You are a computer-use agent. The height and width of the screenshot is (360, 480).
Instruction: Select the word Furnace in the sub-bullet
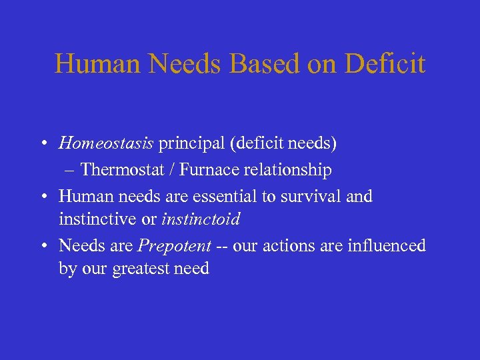207,170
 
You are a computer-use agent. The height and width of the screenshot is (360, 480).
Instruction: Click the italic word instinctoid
201,219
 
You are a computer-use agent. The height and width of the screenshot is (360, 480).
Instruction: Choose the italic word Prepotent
174,246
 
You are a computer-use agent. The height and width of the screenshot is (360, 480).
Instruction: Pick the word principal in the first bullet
189,143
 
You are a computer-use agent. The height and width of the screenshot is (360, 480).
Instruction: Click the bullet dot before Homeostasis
42,143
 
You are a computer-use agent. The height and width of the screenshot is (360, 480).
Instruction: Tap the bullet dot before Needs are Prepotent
42,246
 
